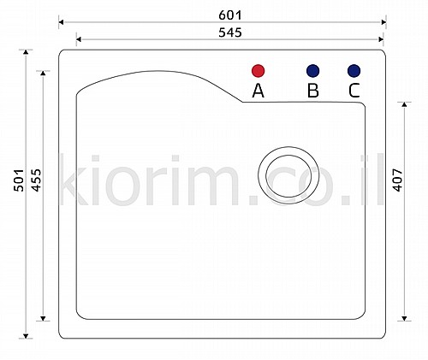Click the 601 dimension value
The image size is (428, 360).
[230, 15]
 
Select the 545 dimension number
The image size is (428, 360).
[230, 32]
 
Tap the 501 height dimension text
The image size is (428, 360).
[19, 180]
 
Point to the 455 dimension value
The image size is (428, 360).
[36, 180]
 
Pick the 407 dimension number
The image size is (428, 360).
[397, 180]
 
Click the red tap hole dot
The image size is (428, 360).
[259, 71]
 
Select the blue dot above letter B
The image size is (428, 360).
[312, 71]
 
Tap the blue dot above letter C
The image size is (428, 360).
[354, 71]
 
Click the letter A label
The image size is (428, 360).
[258, 91]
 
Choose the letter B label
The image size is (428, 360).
[313, 91]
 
